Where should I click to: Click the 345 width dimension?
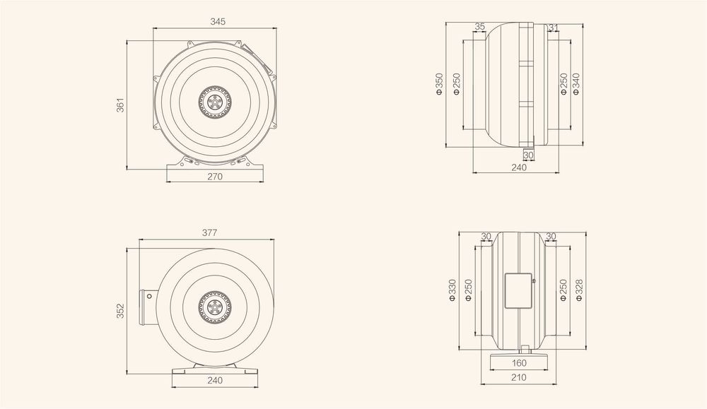(218, 22)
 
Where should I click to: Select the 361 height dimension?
(120, 105)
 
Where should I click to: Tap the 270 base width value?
(216, 177)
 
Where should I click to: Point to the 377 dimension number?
(209, 232)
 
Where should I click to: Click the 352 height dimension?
(120, 311)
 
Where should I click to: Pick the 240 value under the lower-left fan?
(216, 380)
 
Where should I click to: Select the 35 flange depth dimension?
(479, 27)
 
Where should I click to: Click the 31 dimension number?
(553, 27)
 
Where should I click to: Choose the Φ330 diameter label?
(452, 290)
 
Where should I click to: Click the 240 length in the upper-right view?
(518, 167)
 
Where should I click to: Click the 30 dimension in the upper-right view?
(528, 155)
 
